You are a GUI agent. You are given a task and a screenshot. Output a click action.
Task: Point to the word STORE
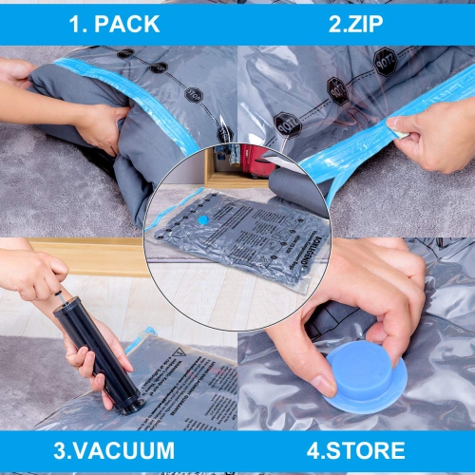pos(364,449)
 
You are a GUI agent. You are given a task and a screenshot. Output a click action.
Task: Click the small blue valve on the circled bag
pos(202,219)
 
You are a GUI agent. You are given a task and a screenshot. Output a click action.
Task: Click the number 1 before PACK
pos(76,24)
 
